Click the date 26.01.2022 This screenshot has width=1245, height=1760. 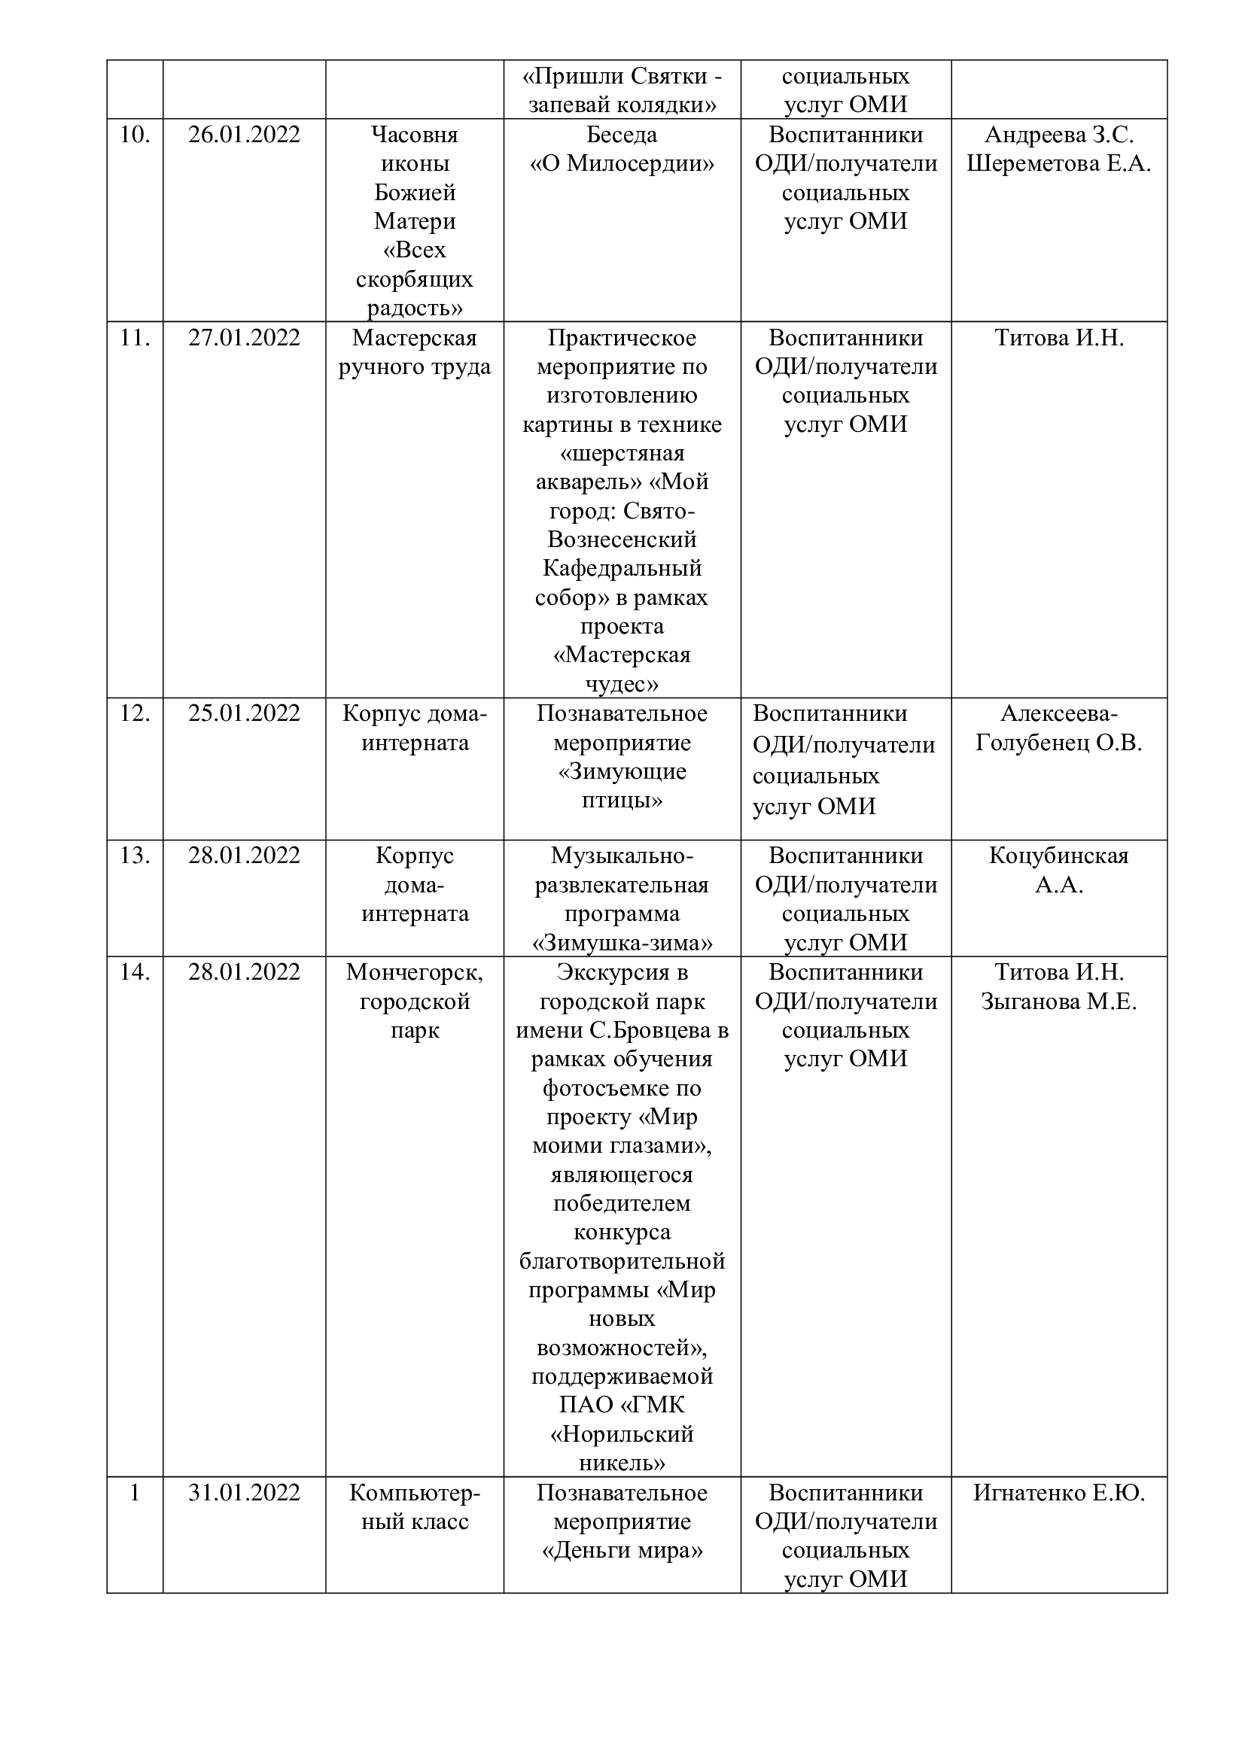tap(244, 135)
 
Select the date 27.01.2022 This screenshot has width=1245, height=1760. tap(244, 338)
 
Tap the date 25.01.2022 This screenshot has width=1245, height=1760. tap(244, 713)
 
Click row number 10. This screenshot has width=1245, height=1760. tap(135, 135)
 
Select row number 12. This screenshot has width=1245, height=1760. tap(135, 713)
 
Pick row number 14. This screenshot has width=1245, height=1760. tap(135, 972)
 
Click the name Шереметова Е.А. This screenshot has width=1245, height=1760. tap(1059, 164)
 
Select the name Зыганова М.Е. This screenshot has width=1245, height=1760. tap(1059, 1002)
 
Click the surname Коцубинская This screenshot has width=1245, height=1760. tap(1059, 856)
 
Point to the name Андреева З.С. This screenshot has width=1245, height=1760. tap(1059, 135)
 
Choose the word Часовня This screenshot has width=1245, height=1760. tap(414, 135)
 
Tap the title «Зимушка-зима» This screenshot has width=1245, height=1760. tap(622, 943)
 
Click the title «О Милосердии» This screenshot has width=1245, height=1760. tap(622, 164)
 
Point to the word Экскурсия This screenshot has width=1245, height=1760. tap(622, 972)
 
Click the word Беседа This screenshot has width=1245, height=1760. tap(622, 135)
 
